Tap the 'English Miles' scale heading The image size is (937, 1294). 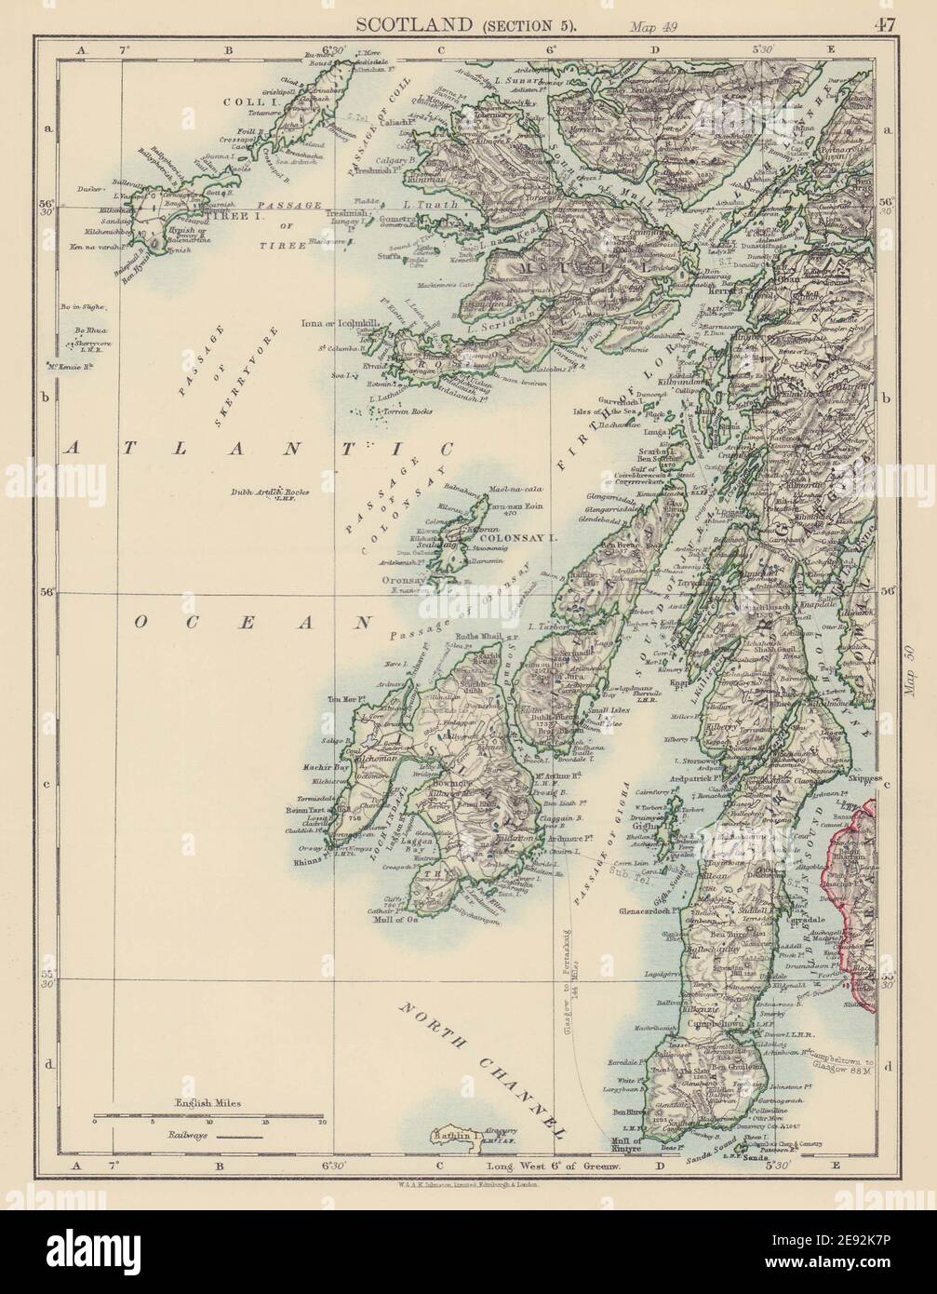(207, 1102)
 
